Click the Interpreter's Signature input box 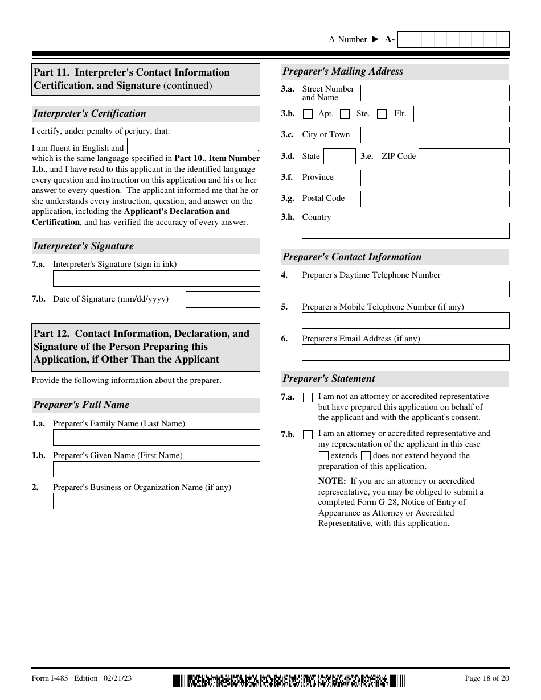[x=156, y=278]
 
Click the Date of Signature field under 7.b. [x=223, y=299]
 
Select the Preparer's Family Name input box [x=156, y=437]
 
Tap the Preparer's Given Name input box [x=156, y=469]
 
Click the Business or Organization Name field [x=156, y=501]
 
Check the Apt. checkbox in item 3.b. [x=308, y=114]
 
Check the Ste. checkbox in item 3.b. [x=345, y=114]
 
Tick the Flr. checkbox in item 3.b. [x=382, y=114]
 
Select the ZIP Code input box [x=464, y=156]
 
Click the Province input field [x=435, y=178]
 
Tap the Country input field [x=405, y=230]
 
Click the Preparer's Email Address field [x=405, y=353]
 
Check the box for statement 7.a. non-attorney [x=308, y=397]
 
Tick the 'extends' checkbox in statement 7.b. [x=323, y=456]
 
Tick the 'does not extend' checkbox [x=366, y=456]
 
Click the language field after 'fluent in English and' [x=191, y=146]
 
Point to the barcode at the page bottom [x=289, y=680]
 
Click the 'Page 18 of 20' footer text [x=487, y=678]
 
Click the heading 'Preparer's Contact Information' [x=352, y=257]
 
